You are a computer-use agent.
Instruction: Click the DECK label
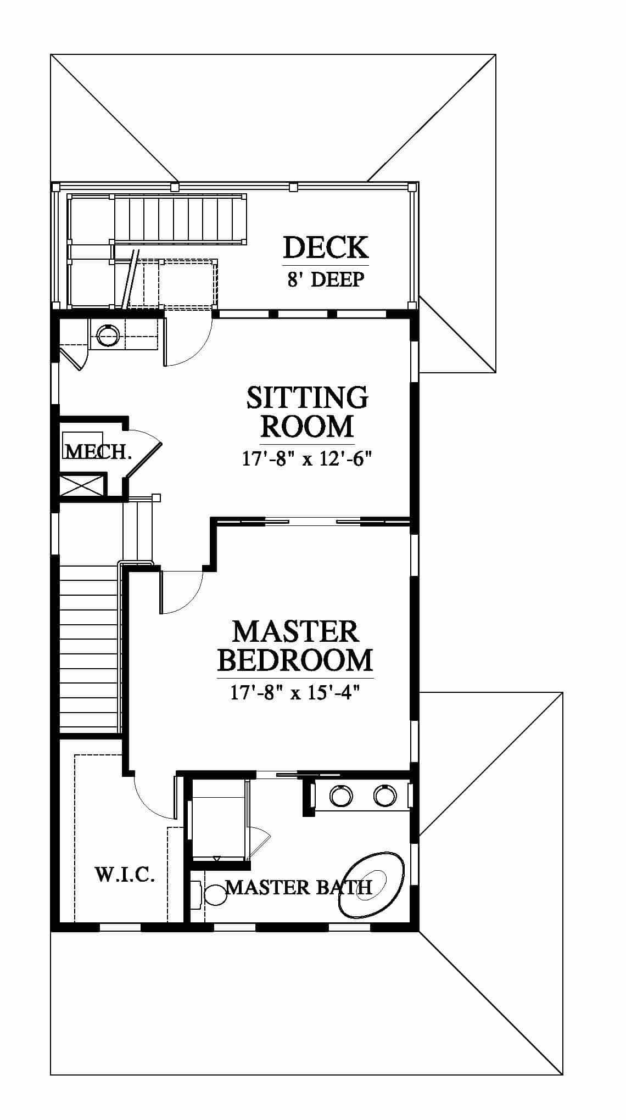326,248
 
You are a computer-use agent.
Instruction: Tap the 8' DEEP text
326,279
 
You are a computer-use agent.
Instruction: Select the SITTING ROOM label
307,411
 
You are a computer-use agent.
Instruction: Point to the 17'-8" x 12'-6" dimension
304,458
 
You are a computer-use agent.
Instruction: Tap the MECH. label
98,451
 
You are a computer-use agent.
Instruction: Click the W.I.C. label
125,874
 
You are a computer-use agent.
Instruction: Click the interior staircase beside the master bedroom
88,648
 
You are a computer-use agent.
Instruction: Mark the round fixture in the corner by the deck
107,333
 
